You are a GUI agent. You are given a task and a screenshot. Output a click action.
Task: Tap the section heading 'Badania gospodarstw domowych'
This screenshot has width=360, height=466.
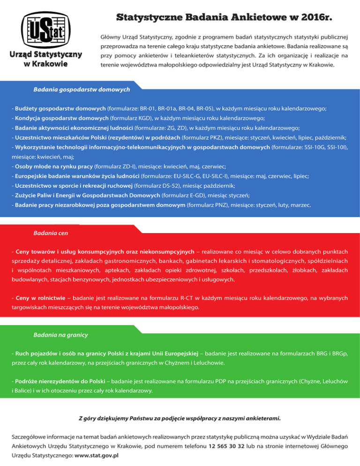82,89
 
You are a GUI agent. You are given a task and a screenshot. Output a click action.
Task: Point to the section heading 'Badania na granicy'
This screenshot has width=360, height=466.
61,335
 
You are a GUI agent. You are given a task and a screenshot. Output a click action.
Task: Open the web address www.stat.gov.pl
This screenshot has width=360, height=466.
96,455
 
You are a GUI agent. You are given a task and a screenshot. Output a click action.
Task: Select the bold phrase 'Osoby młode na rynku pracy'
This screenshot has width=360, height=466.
54,166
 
